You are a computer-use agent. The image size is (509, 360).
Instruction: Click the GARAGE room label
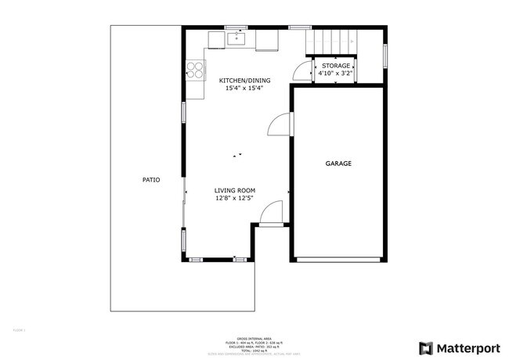coord(338,164)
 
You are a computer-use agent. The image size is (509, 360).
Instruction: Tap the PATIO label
coord(151,180)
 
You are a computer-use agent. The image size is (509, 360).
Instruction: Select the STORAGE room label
coord(336,66)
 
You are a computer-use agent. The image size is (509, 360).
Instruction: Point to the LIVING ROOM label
coord(235,190)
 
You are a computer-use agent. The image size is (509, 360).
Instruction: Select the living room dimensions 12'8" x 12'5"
coord(235,198)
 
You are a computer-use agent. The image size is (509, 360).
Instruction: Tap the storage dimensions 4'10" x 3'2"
coord(336,74)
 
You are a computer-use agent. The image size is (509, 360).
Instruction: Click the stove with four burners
coord(194,70)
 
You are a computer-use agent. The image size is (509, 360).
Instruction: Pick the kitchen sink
coord(236,37)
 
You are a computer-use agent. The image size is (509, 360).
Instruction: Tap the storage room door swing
coord(302,70)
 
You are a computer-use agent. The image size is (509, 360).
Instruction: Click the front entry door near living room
coord(270,213)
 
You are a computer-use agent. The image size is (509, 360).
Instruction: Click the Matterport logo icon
coord(426,347)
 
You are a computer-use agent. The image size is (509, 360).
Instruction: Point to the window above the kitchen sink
coord(236,27)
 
